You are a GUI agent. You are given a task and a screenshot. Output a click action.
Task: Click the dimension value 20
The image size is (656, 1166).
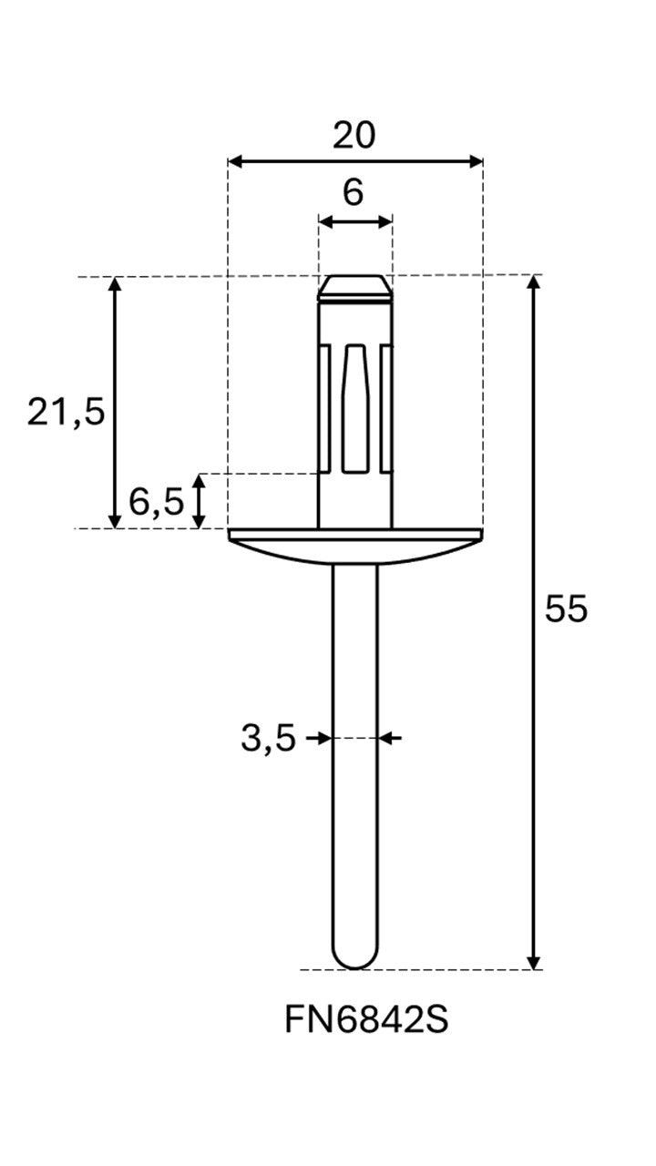tap(354, 136)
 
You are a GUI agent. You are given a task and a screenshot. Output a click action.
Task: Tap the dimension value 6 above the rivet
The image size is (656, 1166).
tap(353, 192)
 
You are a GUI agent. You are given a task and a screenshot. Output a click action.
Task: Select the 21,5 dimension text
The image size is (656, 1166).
tap(67, 413)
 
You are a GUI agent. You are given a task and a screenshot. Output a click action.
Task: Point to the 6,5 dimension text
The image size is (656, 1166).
tap(156, 502)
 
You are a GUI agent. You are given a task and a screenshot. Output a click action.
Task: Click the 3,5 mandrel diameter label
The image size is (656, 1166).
tap(268, 738)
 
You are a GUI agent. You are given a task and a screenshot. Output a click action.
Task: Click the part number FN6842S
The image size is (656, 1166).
tap(366, 1019)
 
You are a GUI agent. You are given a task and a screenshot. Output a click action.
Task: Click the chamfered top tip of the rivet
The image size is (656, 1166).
tap(354, 288)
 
